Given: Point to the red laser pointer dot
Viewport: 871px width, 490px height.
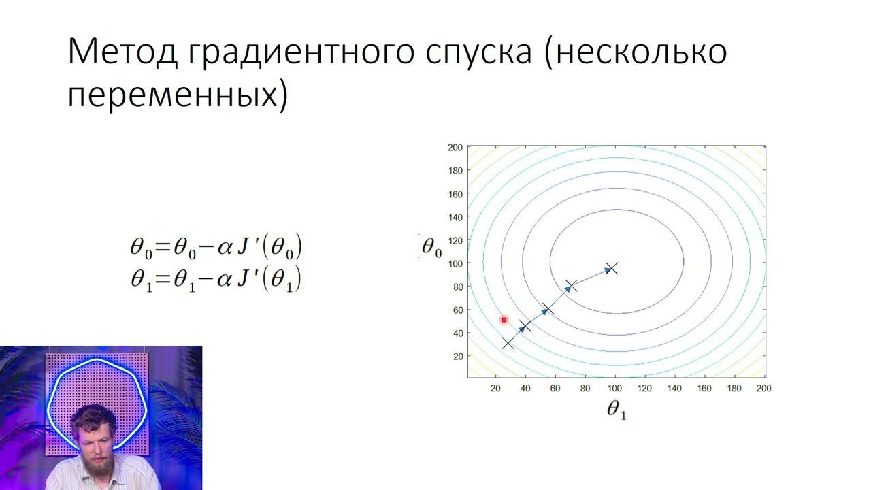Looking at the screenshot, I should pyautogui.click(x=504, y=320).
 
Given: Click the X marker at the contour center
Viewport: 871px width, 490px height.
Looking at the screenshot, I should pyautogui.click(x=611, y=268).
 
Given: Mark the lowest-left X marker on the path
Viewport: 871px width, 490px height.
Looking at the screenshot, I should pyautogui.click(x=508, y=343).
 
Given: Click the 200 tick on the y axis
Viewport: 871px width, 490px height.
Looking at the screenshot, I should pyautogui.click(x=455, y=148).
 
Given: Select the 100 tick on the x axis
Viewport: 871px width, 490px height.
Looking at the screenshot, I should pyautogui.click(x=614, y=389).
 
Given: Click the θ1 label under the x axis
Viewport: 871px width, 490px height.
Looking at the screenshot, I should pyautogui.click(x=616, y=410).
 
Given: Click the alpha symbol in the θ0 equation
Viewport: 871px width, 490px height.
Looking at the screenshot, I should pyautogui.click(x=225, y=248).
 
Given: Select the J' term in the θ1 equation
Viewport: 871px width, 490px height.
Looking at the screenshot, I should pyautogui.click(x=248, y=279).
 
